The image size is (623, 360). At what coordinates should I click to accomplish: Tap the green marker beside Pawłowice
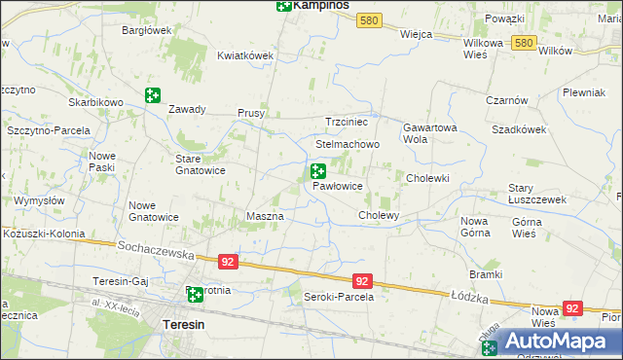317,171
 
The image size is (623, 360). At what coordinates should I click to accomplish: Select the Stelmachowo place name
347,144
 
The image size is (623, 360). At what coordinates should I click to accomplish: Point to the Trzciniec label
346,123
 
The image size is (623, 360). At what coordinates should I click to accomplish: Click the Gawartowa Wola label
429,132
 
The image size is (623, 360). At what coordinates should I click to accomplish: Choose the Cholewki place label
427,178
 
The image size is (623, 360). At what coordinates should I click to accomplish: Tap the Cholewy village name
380,214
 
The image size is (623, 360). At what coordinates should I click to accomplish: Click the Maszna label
265,215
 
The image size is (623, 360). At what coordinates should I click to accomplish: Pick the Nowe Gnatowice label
154,210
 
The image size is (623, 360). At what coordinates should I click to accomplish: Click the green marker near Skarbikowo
152,95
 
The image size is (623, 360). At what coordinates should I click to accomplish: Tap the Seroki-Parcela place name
339,296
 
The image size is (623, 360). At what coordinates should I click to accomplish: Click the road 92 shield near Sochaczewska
227,262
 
